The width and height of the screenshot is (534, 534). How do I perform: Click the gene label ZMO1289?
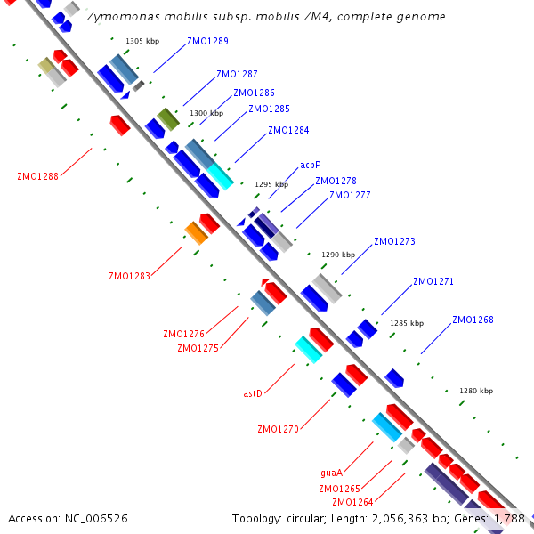(x=207, y=41)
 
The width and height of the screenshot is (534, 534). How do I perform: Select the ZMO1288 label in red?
(x=37, y=176)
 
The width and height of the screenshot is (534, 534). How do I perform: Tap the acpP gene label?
(x=310, y=165)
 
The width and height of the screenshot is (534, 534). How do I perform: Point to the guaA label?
(x=331, y=473)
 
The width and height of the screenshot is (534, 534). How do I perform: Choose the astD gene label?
(x=253, y=392)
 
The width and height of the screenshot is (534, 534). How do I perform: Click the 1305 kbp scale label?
(x=142, y=41)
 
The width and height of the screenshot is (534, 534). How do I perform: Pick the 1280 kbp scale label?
(x=475, y=391)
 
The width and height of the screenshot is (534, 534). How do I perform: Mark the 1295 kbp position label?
(x=271, y=184)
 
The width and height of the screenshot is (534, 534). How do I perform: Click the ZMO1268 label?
(x=473, y=320)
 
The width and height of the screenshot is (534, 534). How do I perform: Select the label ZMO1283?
(x=129, y=276)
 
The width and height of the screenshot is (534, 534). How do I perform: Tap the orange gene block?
(x=197, y=233)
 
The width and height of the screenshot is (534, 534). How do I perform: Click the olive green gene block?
(x=169, y=118)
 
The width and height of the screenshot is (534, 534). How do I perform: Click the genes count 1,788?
(x=508, y=518)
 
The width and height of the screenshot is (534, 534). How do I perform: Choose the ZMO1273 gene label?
(x=394, y=241)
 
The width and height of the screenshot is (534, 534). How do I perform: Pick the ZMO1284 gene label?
(x=288, y=130)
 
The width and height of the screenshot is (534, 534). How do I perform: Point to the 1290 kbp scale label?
(x=338, y=254)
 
